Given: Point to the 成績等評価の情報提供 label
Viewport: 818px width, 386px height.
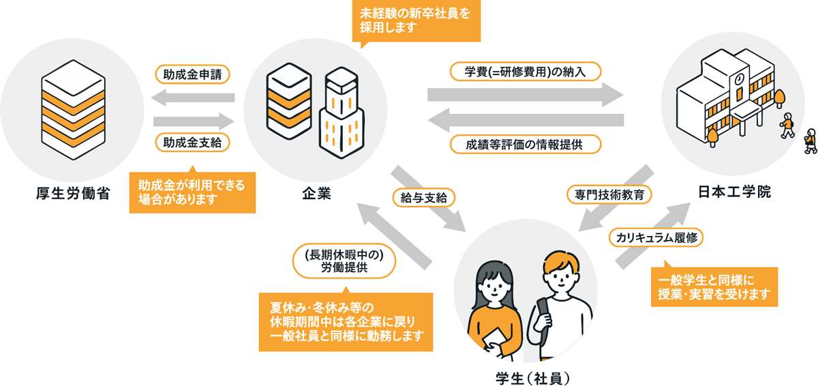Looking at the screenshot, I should pyautogui.click(x=525, y=144).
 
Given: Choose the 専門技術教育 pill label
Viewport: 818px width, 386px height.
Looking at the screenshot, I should pyautogui.click(x=609, y=194).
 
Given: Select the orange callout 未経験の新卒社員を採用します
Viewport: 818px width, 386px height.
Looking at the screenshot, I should pyautogui.click(x=416, y=20).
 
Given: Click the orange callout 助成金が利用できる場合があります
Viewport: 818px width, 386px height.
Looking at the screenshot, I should pyautogui.click(x=192, y=192).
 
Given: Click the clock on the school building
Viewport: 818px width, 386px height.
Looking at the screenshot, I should pyautogui.click(x=738, y=80).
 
